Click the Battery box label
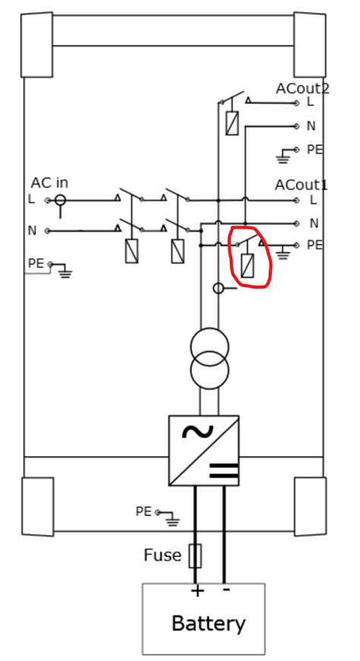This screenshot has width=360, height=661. click(x=209, y=624)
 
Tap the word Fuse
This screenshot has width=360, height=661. click(x=163, y=555)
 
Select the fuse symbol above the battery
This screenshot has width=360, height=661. click(x=195, y=556)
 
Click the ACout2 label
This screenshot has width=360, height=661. click(x=302, y=88)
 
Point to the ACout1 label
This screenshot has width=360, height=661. click(x=302, y=185)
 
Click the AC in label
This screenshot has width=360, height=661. click(x=49, y=183)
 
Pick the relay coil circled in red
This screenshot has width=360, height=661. click(x=248, y=265)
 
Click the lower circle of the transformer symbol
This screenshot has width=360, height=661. click(x=209, y=372)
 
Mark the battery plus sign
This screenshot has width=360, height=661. click(x=197, y=590)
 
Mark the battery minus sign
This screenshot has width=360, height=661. click(x=226, y=589)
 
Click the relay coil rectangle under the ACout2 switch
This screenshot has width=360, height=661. click(x=232, y=122)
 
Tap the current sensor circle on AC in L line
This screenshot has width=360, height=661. click(x=60, y=201)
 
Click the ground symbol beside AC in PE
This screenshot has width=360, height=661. click(x=64, y=270)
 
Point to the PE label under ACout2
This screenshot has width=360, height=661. click(x=314, y=150)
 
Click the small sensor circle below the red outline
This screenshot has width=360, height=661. click(x=218, y=288)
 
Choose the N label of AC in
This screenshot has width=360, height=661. click(x=32, y=230)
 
